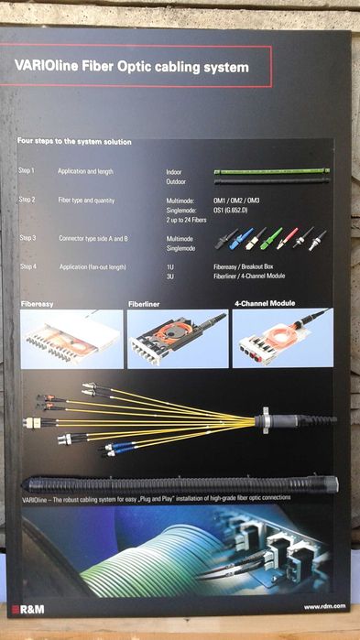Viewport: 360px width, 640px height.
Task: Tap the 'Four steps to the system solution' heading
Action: [x=74, y=142]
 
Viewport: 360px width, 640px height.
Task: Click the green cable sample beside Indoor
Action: [x=271, y=171]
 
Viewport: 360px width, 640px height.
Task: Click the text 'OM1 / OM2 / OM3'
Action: [x=236, y=200]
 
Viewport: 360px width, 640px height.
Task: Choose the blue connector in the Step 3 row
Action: [x=241, y=240]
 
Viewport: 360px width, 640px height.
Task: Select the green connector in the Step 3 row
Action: [x=272, y=239]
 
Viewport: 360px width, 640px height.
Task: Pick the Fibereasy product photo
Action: [x=71, y=339]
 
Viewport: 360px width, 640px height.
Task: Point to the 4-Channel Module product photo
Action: [x=282, y=338]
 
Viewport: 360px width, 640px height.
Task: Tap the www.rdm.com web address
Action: [x=325, y=606]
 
